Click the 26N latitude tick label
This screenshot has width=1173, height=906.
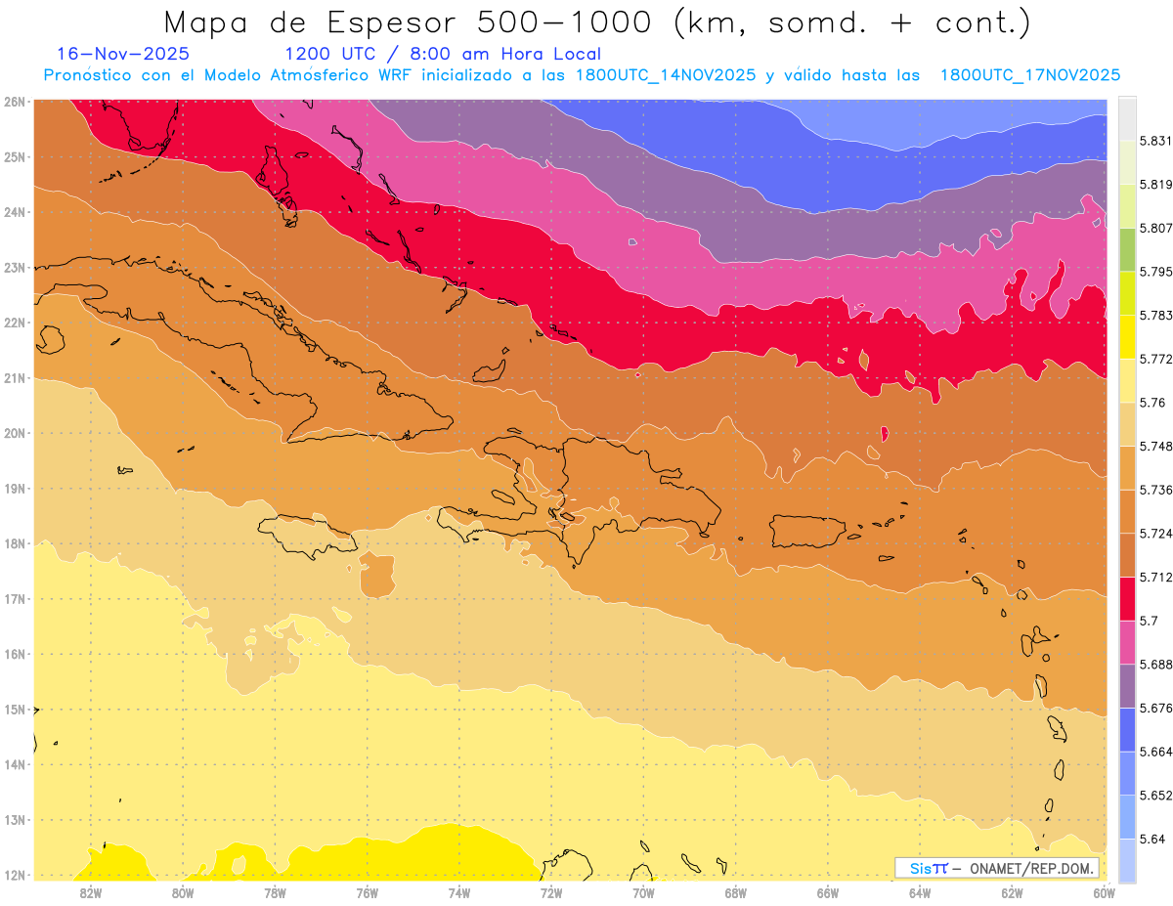(x=15, y=102)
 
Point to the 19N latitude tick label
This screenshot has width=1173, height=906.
(x=15, y=489)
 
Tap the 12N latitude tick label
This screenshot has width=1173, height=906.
(x=15, y=876)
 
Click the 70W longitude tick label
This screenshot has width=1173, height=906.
(x=643, y=891)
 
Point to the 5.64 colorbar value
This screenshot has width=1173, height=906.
(x=1149, y=839)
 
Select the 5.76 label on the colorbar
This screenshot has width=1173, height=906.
(x=1149, y=403)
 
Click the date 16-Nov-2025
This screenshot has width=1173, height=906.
(x=123, y=54)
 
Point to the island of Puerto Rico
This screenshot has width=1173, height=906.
(x=807, y=530)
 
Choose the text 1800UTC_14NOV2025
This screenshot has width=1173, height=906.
(x=666, y=75)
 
